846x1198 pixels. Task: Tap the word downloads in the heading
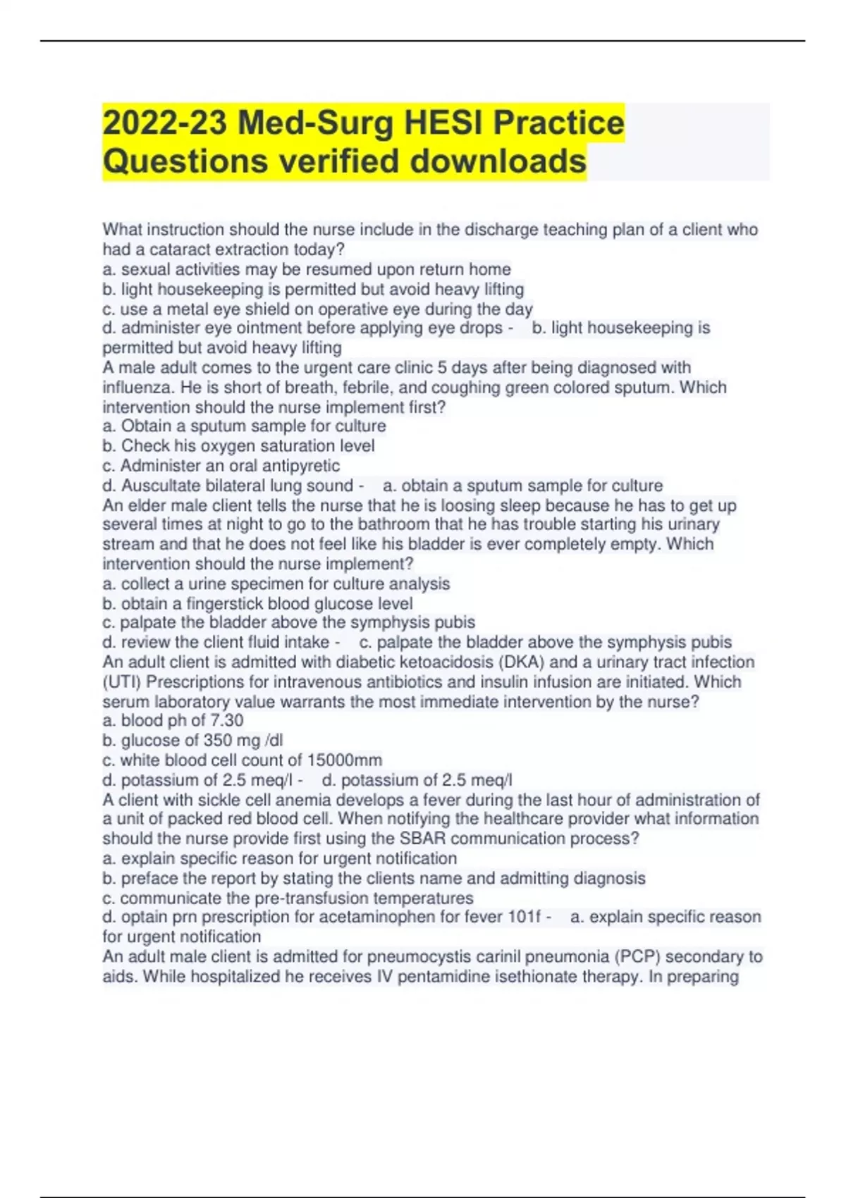tap(498, 161)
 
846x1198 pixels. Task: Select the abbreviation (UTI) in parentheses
tap(122, 682)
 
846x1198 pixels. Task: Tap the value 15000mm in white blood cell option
tap(345, 760)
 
